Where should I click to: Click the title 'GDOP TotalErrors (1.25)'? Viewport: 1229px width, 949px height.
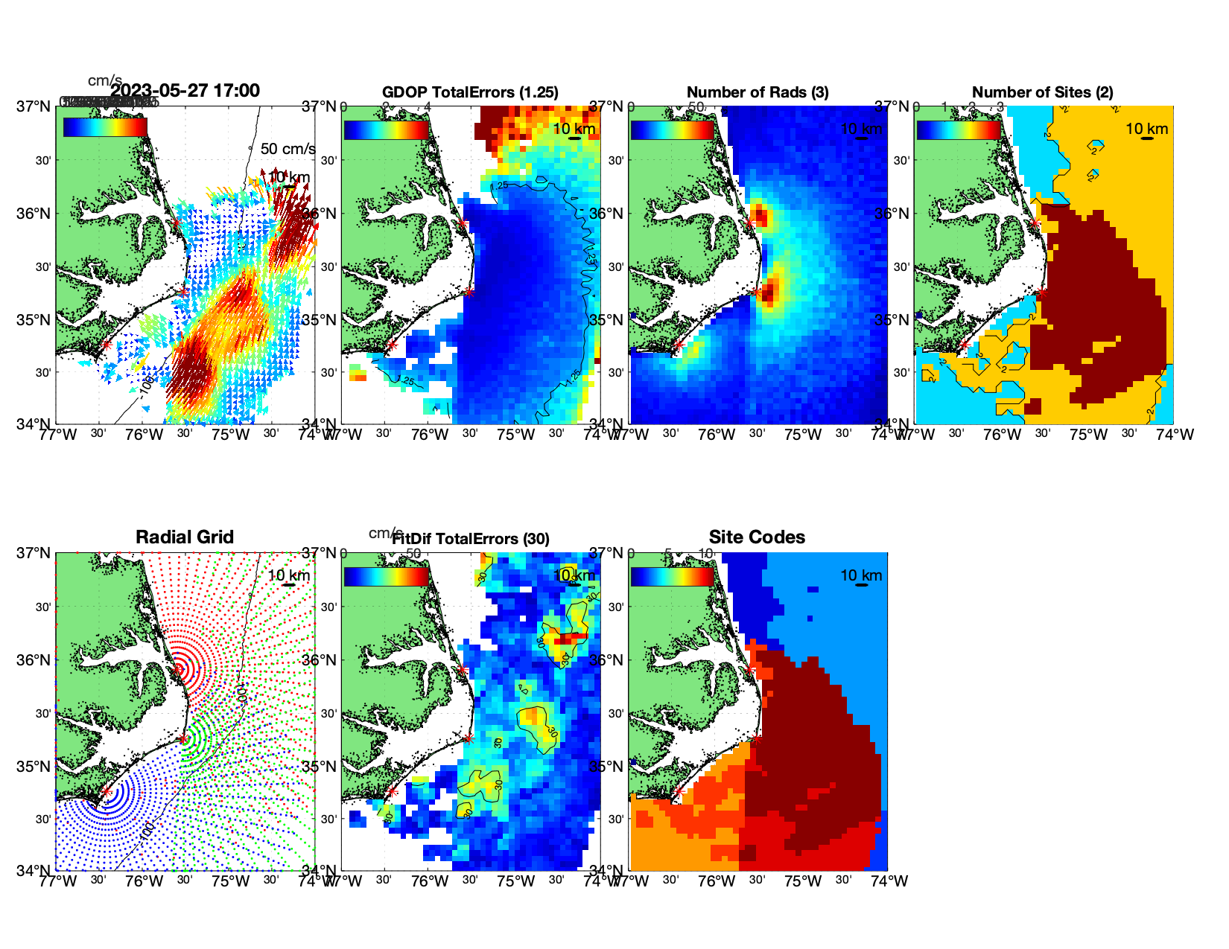coord(469,92)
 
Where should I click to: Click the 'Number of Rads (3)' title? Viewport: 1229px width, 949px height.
coord(757,92)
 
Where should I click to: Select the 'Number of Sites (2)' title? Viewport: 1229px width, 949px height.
coord(1042,92)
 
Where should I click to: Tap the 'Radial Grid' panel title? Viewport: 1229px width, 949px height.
coord(185,537)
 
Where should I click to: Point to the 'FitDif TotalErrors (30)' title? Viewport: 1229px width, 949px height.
coord(471,539)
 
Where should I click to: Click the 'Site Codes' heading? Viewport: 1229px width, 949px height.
coord(757,537)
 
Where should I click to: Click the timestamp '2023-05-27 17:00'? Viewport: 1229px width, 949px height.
coord(185,91)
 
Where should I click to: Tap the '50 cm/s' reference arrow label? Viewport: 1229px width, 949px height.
coord(288,149)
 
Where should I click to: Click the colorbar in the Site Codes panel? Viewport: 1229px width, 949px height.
coord(672,577)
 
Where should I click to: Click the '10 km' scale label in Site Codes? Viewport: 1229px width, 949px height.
coord(861,575)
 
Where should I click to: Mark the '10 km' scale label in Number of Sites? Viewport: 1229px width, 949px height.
coord(1146,129)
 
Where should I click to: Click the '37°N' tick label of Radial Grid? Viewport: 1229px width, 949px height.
coord(34,553)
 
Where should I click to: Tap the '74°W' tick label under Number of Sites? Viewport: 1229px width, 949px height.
coord(1175,435)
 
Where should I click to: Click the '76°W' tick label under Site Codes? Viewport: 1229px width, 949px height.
coord(716,881)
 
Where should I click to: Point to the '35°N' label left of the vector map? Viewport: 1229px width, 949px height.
coord(34,320)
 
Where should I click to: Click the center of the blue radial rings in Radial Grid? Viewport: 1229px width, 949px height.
coord(105,796)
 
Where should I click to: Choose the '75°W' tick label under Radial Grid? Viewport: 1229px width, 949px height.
coord(230,881)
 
